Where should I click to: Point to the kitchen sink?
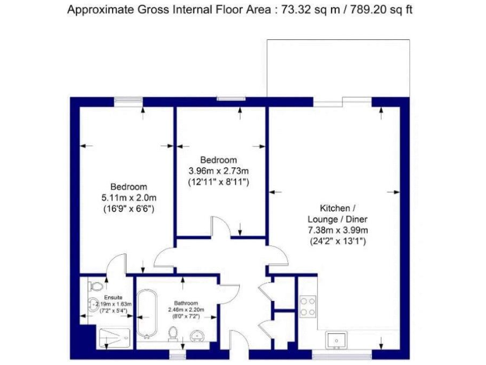(335, 340)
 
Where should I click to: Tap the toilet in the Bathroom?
(172, 333)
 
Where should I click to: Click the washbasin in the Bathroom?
(197, 335)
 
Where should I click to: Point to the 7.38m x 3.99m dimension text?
(337, 230)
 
